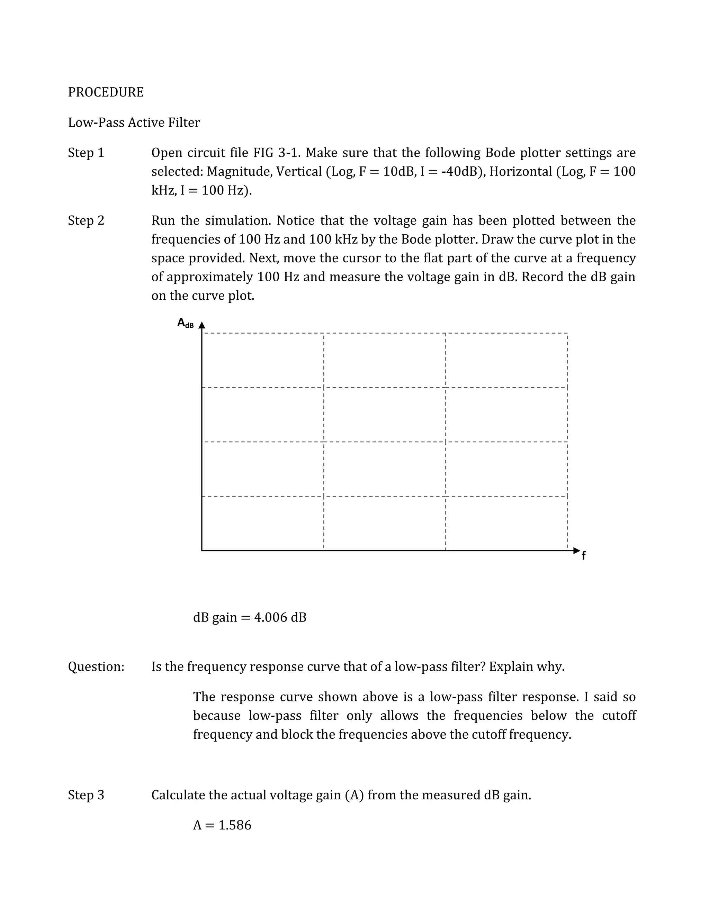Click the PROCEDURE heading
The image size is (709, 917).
point(106,92)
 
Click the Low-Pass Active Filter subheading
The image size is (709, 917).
point(134,122)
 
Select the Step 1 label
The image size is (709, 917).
point(86,153)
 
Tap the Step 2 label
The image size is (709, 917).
point(86,220)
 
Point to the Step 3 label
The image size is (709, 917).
point(86,795)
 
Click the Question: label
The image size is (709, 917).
point(96,666)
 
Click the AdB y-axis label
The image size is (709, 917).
point(185,323)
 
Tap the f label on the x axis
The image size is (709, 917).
point(583,556)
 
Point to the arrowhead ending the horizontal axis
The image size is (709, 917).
point(577,551)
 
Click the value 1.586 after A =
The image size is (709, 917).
point(235,825)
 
